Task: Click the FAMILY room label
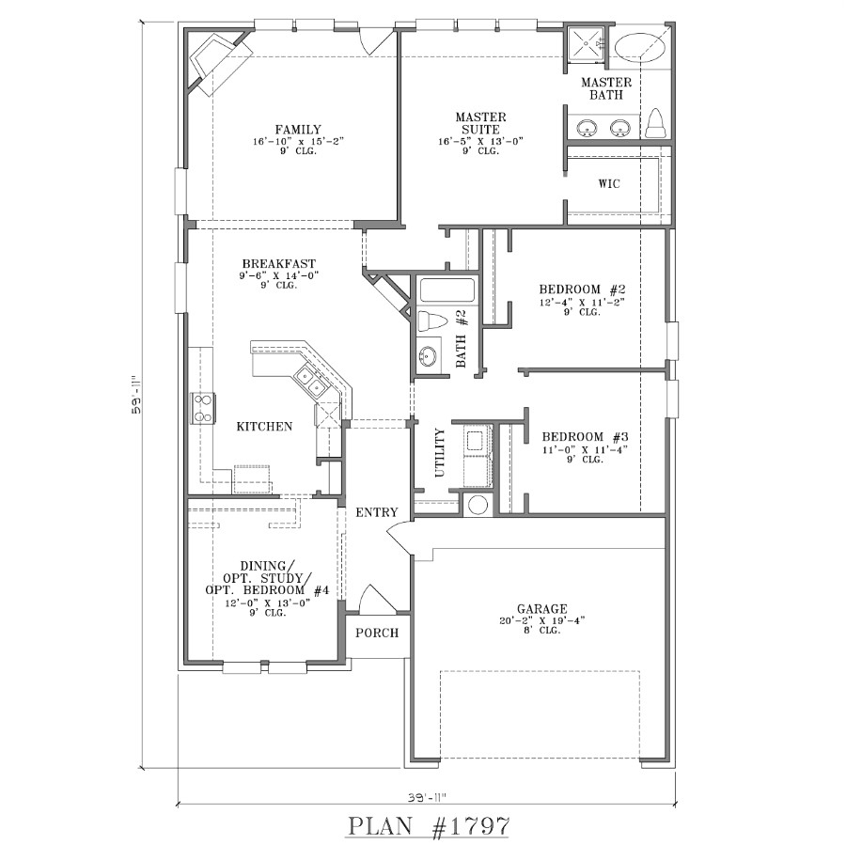[x=298, y=130]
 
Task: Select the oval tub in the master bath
[x=642, y=46]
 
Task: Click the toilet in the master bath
[x=657, y=122]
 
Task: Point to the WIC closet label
[x=609, y=183]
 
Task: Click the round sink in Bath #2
[x=429, y=358]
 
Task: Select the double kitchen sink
[x=311, y=382]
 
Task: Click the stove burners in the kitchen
[x=202, y=406]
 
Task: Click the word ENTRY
[x=376, y=512]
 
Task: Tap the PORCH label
[x=376, y=633]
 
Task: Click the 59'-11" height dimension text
[x=137, y=396]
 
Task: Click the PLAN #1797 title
[x=429, y=826]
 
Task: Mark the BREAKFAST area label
[x=278, y=264]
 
